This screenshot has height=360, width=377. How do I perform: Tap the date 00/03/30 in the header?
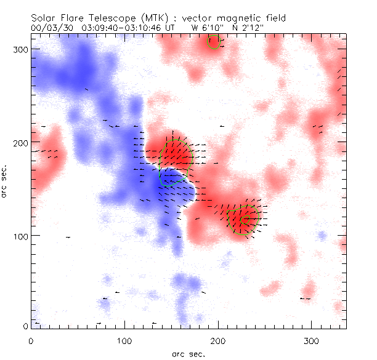(x=49, y=28)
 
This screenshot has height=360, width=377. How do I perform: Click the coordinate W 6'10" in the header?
(x=207, y=28)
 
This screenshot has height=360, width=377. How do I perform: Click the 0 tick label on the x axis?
(x=31, y=340)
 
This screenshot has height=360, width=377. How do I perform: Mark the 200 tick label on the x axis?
(x=217, y=340)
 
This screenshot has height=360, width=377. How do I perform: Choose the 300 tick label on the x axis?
(x=311, y=340)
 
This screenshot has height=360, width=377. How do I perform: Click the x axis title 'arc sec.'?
(x=188, y=353)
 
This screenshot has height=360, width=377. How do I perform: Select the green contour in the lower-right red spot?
(x=237, y=220)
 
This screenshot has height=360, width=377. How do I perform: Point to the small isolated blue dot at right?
(x=322, y=235)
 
